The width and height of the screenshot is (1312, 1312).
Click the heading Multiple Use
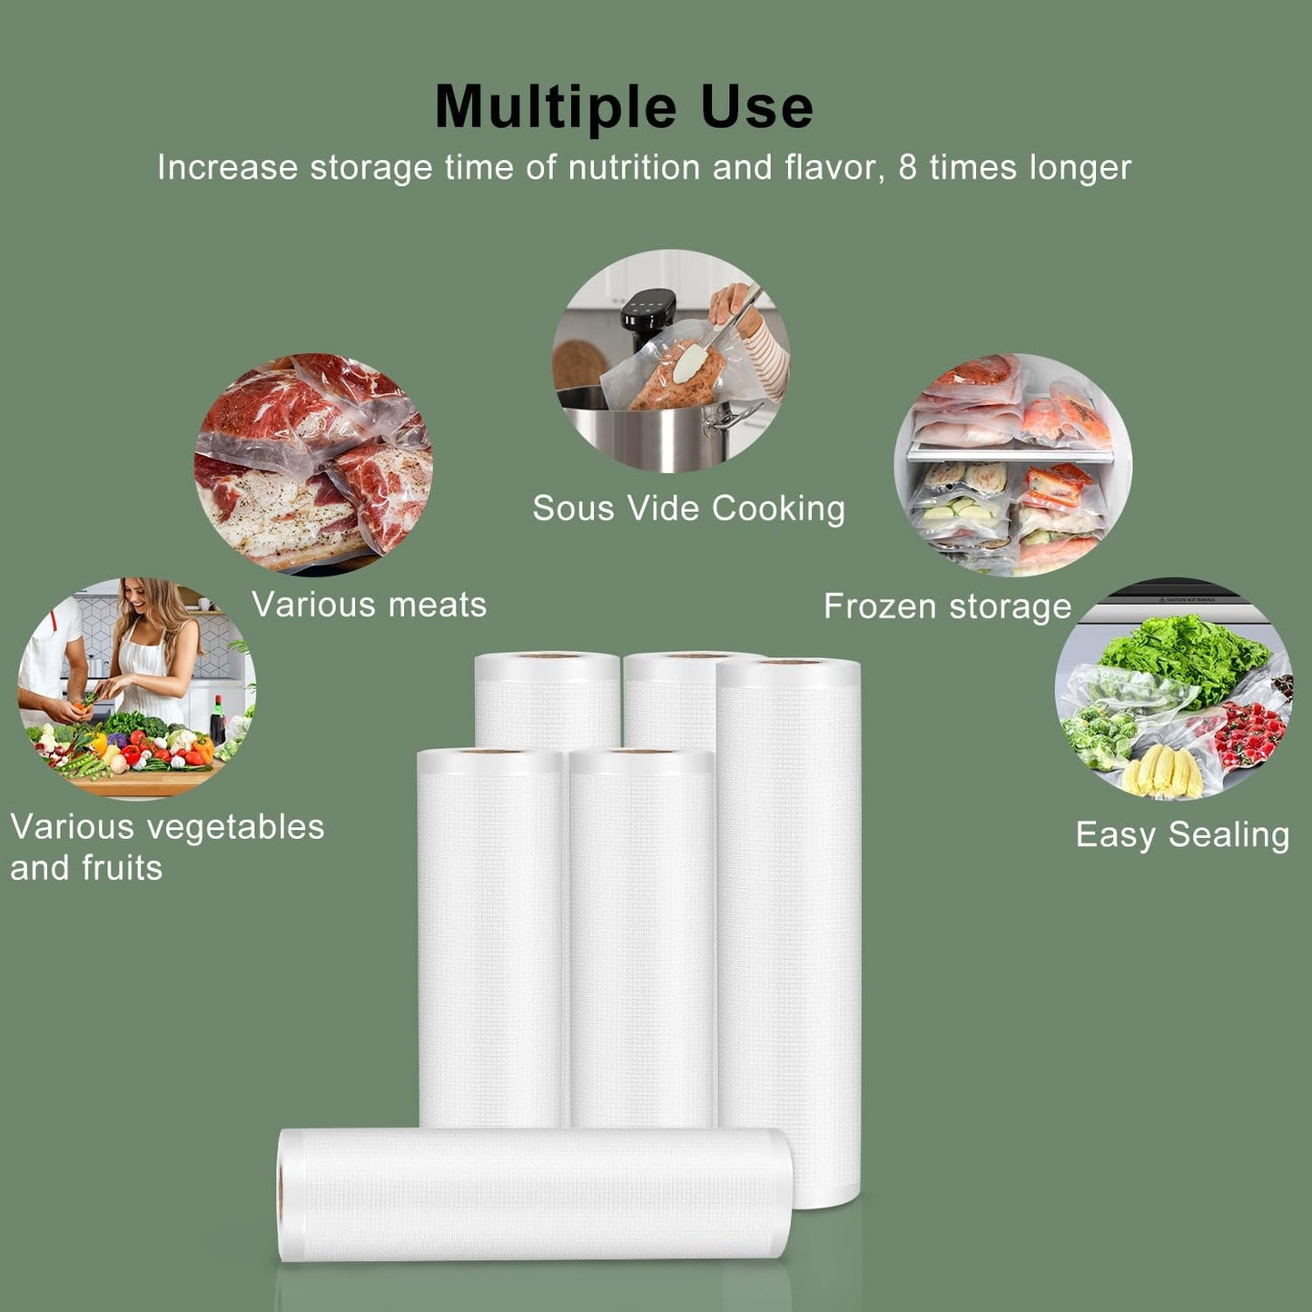(x=624, y=107)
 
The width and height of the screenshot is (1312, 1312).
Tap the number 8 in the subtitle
(x=907, y=168)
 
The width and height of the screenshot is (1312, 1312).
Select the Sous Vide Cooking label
(x=688, y=508)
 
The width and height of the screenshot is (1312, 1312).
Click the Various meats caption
(x=369, y=605)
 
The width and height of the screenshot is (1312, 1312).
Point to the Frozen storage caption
(x=947, y=607)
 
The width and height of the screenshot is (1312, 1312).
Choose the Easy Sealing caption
(x=1182, y=835)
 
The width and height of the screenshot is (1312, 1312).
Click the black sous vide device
(x=646, y=318)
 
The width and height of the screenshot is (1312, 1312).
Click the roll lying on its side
(x=536, y=1194)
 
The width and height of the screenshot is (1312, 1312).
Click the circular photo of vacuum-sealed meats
(x=313, y=463)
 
